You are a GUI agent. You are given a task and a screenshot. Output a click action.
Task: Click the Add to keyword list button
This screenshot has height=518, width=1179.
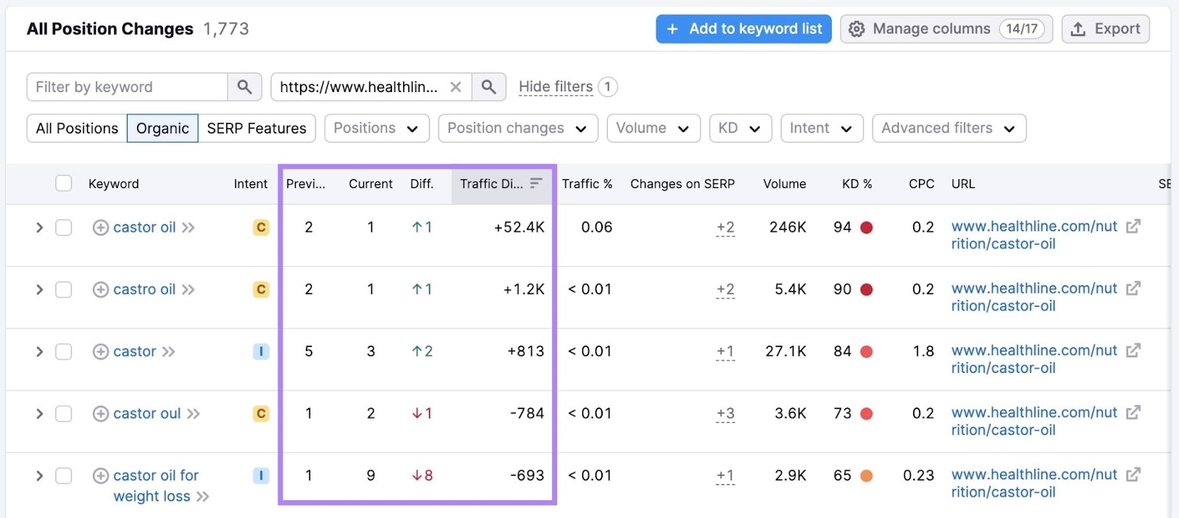744,29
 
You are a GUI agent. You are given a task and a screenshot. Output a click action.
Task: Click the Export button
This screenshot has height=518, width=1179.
1105,29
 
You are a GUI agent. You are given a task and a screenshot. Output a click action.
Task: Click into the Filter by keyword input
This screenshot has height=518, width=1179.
127,87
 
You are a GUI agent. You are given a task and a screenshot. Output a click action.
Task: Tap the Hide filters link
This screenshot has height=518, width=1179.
556,87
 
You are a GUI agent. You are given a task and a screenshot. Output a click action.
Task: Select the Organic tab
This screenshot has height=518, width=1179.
162,128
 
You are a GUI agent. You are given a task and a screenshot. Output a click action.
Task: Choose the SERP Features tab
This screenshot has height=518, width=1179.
256,128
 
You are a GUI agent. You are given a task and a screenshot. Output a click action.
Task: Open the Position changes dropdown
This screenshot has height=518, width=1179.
517,128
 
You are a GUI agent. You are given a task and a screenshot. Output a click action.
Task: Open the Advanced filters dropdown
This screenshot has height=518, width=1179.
948,128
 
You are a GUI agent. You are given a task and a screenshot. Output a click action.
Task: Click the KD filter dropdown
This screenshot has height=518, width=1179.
740,128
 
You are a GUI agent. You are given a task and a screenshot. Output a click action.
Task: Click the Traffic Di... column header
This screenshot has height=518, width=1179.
491,183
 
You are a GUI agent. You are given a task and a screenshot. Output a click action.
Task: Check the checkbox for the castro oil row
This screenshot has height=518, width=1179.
64,290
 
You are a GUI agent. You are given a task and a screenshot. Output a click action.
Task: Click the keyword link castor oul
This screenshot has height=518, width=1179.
147,413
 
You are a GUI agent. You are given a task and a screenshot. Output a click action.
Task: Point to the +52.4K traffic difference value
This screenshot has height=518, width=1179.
519,227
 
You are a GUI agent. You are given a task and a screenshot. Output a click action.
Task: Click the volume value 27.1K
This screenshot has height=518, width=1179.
786,351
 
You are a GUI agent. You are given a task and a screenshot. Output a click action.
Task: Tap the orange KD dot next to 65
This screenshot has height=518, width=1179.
867,476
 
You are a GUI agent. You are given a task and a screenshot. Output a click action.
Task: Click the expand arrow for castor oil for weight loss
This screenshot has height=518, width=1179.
40,476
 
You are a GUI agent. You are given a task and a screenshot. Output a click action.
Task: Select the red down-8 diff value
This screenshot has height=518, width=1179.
422,476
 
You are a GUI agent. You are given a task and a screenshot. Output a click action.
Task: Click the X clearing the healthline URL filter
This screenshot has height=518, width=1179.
456,87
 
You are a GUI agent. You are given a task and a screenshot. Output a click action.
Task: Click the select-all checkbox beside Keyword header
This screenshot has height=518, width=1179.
64,183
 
